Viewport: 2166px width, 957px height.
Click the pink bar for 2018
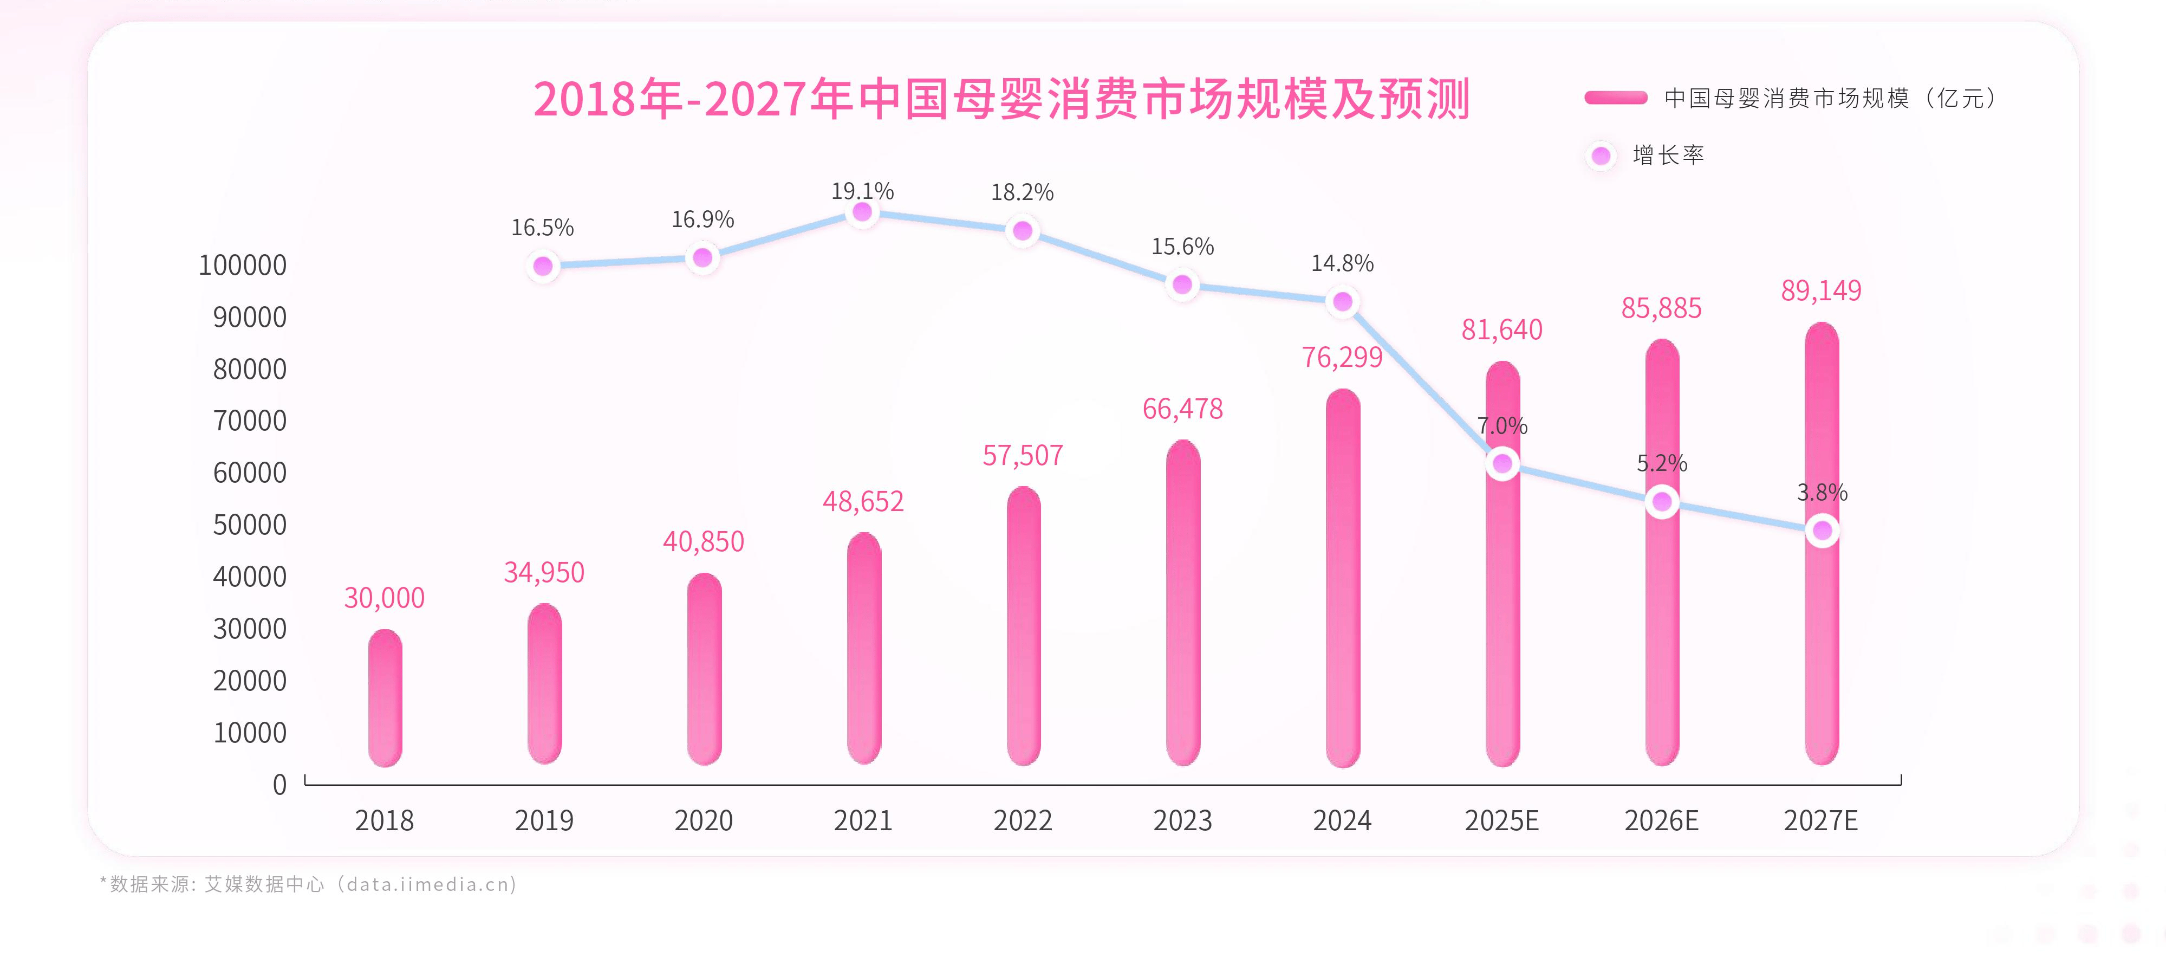click(385, 698)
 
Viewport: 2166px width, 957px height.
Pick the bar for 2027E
click(1822, 639)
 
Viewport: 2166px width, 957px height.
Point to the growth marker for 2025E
click(1502, 463)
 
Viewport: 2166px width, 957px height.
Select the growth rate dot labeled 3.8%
click(1822, 531)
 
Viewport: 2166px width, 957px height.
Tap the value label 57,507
click(1023, 456)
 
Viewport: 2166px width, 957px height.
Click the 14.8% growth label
click(1342, 264)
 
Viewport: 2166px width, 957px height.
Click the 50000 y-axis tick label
click(249, 525)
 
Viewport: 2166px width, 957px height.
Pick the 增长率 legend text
click(1668, 156)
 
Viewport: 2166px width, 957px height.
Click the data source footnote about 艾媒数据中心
click(308, 884)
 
